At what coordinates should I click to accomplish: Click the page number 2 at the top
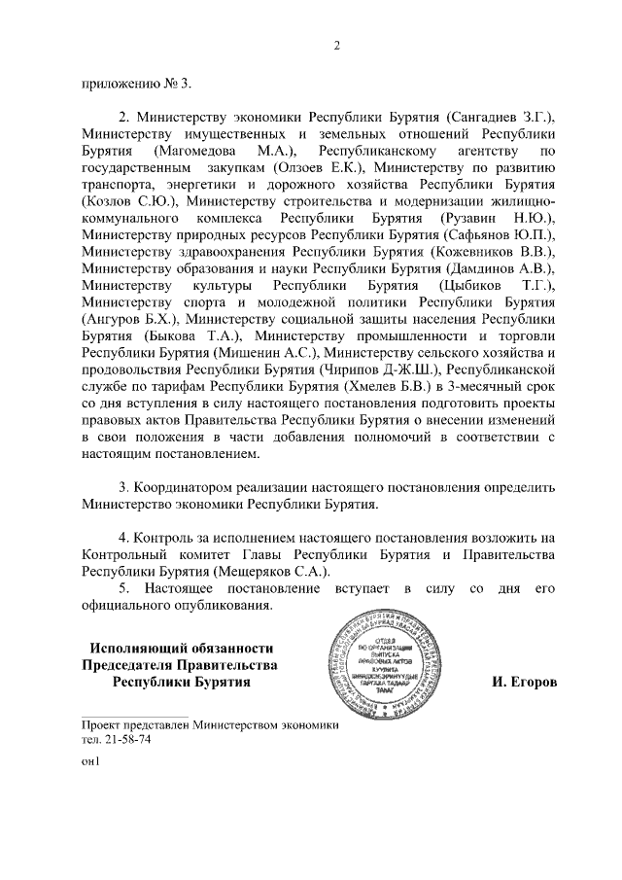point(336,45)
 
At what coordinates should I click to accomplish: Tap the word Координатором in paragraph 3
point(185,486)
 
